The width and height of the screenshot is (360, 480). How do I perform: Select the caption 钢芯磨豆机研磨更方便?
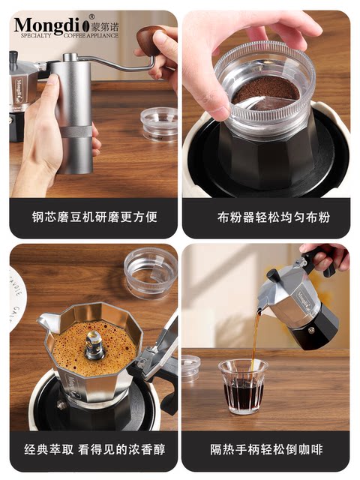coord(93,217)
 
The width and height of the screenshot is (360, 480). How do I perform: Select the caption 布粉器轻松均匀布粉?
coord(266,217)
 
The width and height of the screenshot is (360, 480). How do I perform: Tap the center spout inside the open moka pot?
coord(94,345)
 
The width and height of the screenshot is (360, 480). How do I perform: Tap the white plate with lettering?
coord(16,292)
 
